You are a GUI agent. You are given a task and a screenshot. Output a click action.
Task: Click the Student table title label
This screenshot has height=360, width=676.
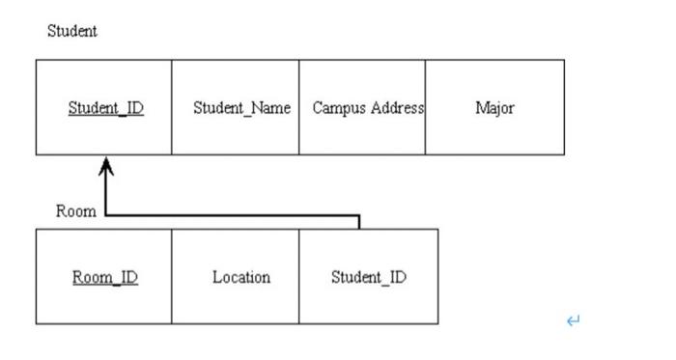[72, 31]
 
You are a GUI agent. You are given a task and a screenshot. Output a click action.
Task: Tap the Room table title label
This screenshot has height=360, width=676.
[75, 211]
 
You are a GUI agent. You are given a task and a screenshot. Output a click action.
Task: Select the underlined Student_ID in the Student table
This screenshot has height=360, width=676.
[105, 108]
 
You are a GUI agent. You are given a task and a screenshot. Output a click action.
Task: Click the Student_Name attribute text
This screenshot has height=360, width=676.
[241, 108]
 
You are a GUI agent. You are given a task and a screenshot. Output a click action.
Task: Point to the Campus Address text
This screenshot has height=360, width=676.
[368, 108]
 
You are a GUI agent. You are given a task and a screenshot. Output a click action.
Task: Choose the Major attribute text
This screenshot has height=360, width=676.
[494, 108]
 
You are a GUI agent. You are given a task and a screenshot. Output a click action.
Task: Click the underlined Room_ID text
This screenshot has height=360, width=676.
[105, 278]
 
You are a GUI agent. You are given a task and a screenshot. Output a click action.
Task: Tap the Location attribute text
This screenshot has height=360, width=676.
[241, 278]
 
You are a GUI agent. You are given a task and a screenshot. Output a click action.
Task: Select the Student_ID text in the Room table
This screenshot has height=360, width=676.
[369, 278]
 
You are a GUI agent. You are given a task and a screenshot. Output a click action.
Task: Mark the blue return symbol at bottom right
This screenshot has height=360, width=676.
[574, 320]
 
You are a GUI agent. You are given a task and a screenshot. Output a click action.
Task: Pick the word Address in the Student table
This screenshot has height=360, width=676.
[395, 108]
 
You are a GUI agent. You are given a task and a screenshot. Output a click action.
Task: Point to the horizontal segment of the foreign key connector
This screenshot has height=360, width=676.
[232, 216]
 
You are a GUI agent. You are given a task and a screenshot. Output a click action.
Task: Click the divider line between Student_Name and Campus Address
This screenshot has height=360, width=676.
[298, 108]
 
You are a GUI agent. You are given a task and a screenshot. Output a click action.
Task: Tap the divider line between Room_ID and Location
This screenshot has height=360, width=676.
[172, 278]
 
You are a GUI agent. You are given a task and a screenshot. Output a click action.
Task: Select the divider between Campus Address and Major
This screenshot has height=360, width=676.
[425, 108]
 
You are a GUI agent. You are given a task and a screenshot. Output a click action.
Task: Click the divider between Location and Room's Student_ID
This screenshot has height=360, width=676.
[298, 278]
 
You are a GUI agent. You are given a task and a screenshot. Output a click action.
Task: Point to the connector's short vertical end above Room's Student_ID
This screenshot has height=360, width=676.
[359, 223]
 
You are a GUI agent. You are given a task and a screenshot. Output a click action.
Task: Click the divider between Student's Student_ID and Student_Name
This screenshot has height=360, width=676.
[172, 108]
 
